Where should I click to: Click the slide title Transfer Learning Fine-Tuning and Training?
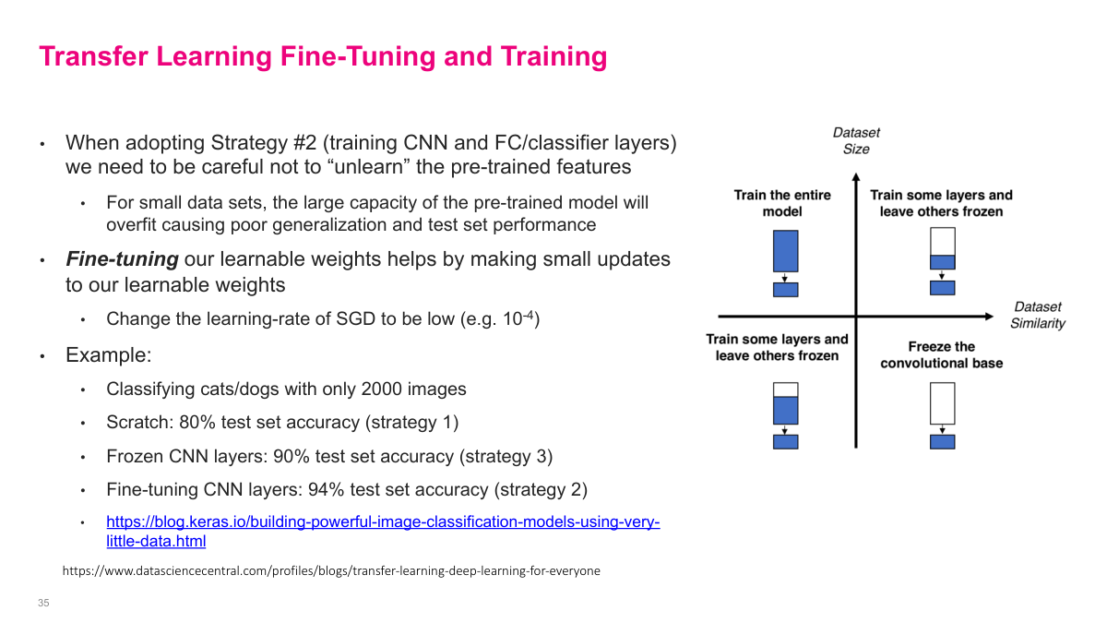click(x=323, y=57)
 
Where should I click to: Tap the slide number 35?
click(x=43, y=603)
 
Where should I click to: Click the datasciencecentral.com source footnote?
click(x=331, y=571)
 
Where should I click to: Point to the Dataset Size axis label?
click(x=856, y=140)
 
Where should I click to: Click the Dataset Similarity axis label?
click(x=1037, y=315)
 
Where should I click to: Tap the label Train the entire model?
click(x=782, y=203)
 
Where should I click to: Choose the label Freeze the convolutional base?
click(x=941, y=355)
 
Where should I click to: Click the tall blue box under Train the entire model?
click(x=785, y=250)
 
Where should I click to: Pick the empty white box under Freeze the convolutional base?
click(x=942, y=403)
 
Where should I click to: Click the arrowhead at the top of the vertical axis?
click(x=856, y=170)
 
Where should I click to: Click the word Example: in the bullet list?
click(x=108, y=354)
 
